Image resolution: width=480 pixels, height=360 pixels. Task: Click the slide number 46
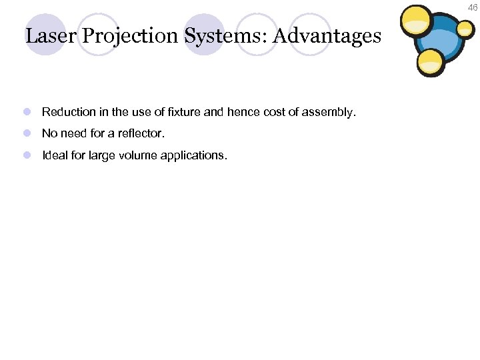[x=473, y=7]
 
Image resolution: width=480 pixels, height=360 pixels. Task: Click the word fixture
[x=183, y=112]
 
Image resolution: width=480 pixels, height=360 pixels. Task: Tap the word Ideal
[x=55, y=155]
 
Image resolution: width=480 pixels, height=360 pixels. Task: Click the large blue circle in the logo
[x=439, y=43]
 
